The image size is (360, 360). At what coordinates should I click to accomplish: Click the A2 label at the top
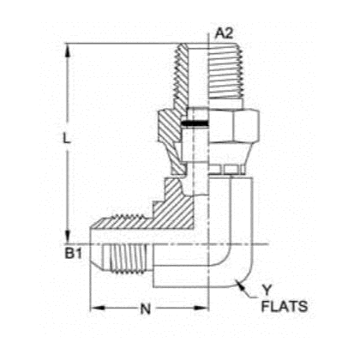click(x=225, y=33)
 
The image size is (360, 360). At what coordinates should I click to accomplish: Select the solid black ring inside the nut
click(x=195, y=125)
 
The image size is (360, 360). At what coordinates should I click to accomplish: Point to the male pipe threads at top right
click(x=225, y=73)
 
